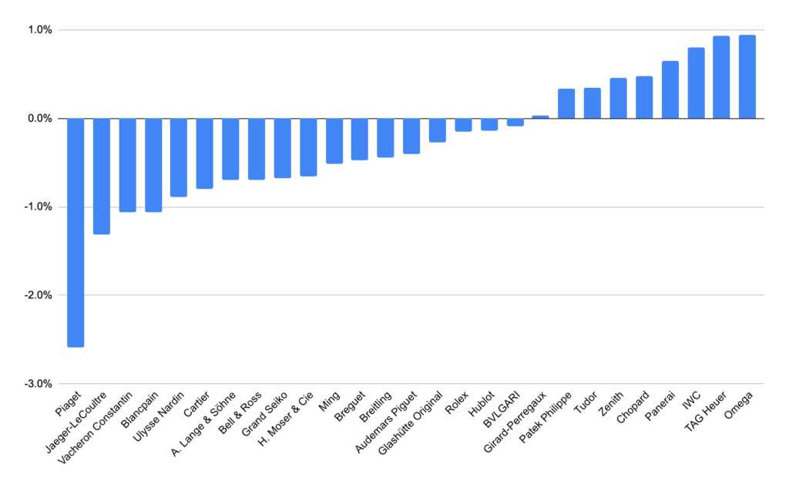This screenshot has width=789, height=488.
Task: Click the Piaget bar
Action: click(x=76, y=233)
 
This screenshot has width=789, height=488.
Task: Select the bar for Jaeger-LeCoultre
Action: click(x=102, y=177)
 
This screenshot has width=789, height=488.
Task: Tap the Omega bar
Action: click(x=747, y=76)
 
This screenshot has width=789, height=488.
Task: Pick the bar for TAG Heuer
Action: click(x=721, y=77)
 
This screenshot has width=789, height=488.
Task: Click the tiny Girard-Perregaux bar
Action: click(x=540, y=117)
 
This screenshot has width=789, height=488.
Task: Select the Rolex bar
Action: click(x=463, y=125)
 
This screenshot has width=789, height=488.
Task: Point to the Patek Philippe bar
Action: click(x=566, y=103)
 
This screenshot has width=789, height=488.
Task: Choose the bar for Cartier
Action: click(x=205, y=153)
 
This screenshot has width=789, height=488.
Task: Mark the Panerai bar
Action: click(x=670, y=89)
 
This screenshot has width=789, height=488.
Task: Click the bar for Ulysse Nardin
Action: click(x=179, y=157)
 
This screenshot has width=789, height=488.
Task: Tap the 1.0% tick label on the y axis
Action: click(x=40, y=30)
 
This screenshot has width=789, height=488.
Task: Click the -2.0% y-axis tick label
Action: click(x=39, y=295)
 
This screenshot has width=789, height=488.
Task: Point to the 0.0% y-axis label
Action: click(x=40, y=119)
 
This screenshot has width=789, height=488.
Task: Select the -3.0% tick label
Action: click(x=39, y=384)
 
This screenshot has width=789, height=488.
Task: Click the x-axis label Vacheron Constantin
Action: click(x=95, y=429)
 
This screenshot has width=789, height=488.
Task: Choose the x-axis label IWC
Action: click(x=691, y=400)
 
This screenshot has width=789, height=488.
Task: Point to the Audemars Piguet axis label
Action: click(x=386, y=422)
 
